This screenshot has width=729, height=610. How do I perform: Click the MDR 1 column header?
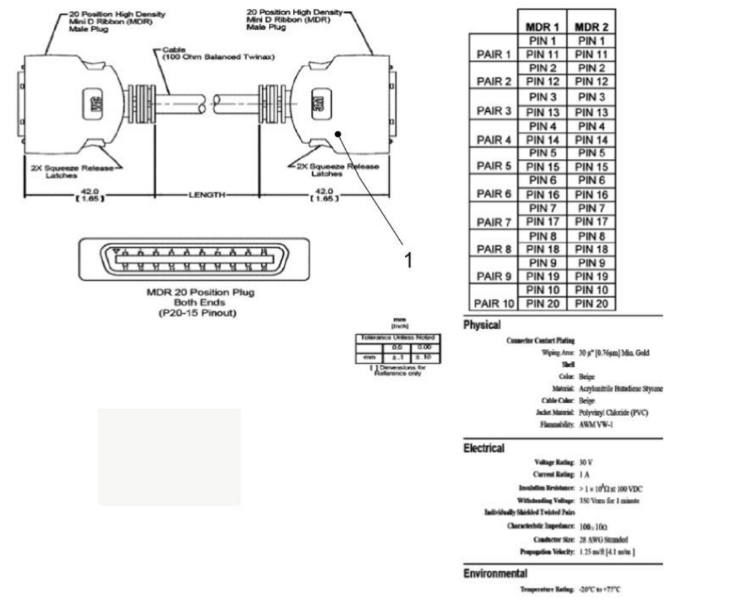coord(542,28)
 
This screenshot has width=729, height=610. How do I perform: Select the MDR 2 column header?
coord(590,28)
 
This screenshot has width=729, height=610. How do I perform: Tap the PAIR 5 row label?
coord(493,166)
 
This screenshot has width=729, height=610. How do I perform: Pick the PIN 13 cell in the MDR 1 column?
coord(542,112)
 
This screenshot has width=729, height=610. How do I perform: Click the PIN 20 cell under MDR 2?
coord(590,303)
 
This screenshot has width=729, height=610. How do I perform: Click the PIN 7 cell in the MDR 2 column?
coord(590,208)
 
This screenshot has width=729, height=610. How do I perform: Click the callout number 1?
coord(410,261)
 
